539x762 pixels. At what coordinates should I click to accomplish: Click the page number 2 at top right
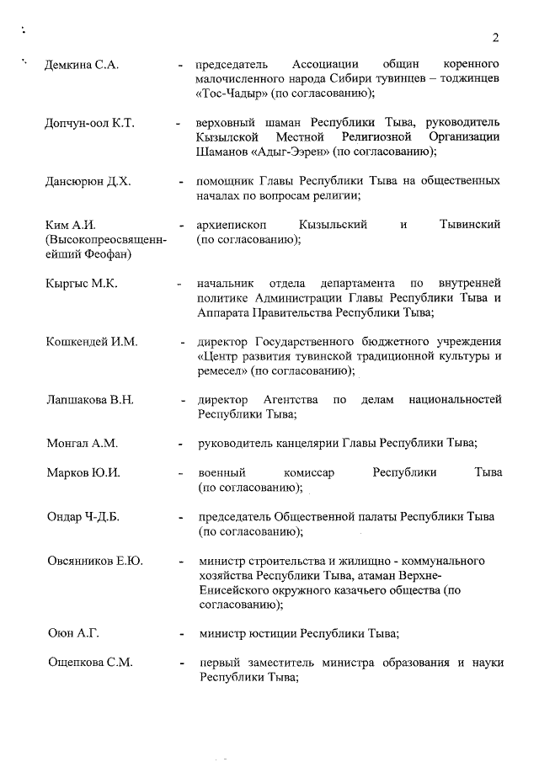(x=496, y=37)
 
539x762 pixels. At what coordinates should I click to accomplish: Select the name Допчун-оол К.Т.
(x=89, y=124)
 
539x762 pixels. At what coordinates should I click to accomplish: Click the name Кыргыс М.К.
(x=82, y=284)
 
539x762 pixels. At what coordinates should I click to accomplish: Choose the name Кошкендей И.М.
(x=93, y=342)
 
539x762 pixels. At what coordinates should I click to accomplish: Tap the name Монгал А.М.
(x=83, y=443)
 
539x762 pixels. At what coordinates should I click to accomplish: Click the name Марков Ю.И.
(x=83, y=472)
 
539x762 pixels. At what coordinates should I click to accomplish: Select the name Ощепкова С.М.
(x=89, y=663)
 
